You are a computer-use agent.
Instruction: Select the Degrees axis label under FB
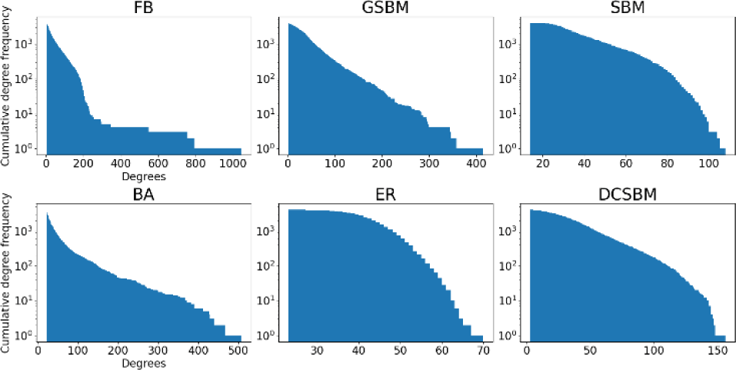click(x=144, y=176)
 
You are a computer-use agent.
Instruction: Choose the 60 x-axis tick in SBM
click(x=621, y=164)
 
